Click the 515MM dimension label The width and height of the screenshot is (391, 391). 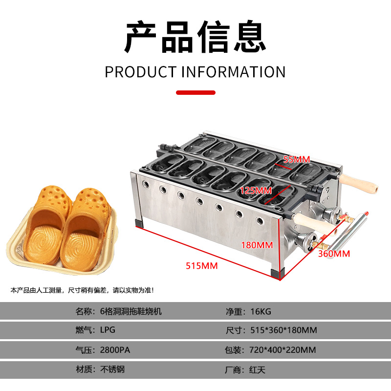201,266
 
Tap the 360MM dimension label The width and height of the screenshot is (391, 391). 334,254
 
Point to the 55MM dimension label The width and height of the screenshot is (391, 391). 297,159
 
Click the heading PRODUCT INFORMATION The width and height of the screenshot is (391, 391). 195,72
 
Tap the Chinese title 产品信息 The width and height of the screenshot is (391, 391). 195,38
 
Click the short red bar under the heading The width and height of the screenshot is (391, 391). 195,92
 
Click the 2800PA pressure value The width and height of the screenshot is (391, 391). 114,349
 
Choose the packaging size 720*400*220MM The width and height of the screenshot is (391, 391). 281,349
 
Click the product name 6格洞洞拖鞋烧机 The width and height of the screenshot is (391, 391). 131,311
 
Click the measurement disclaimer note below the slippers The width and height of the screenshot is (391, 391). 82,290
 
